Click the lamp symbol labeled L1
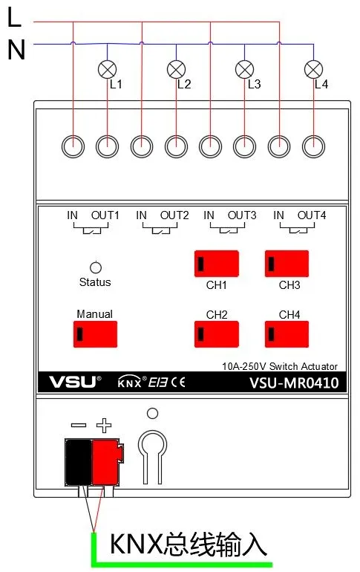(108, 70)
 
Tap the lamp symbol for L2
(176, 70)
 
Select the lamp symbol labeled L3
(244, 70)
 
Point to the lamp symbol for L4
(313, 70)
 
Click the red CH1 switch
(216, 263)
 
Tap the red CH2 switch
(216, 334)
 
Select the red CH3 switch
(287, 263)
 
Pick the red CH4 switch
(287, 334)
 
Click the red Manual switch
(96, 334)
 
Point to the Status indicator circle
(95, 267)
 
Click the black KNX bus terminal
(78, 461)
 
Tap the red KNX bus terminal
(106, 461)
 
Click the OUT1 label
(105, 216)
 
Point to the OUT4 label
(312, 216)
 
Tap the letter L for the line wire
(14, 19)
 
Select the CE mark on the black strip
(177, 383)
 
